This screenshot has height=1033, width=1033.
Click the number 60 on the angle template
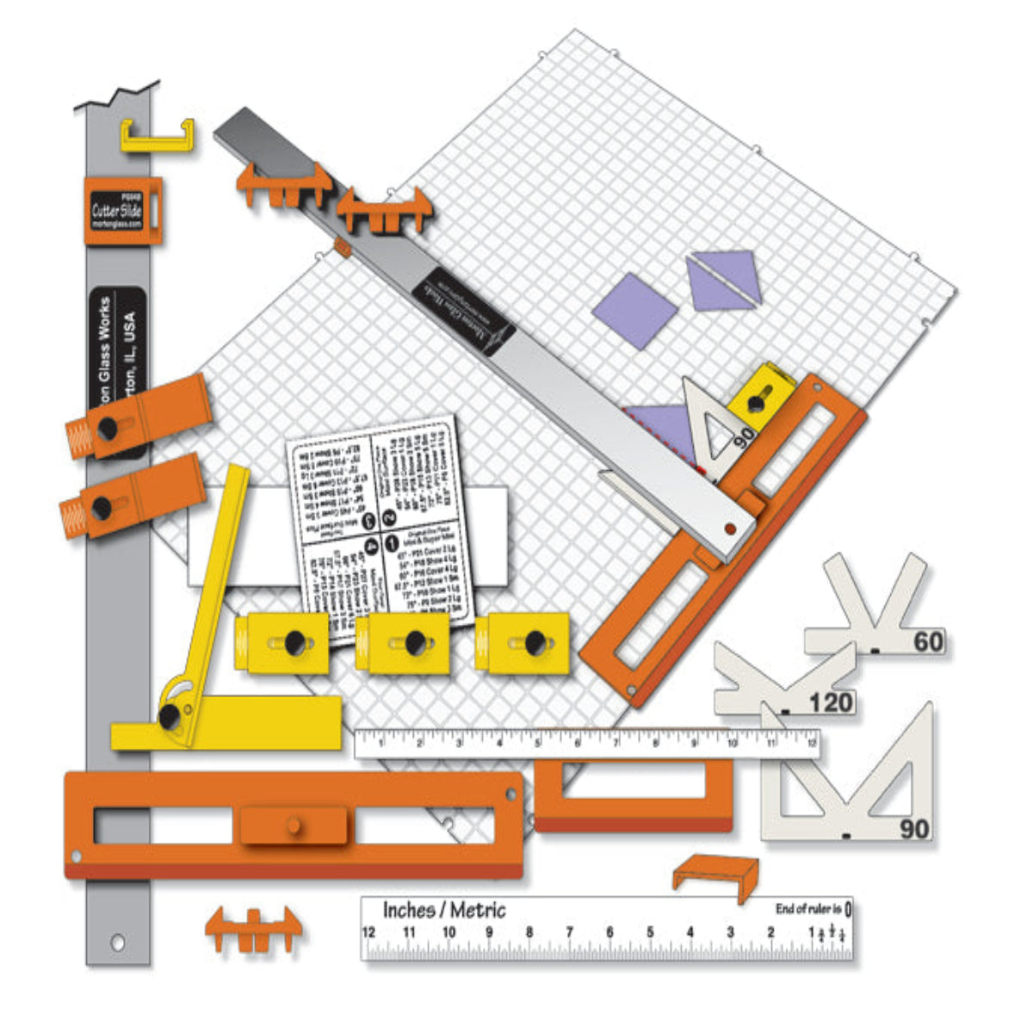[x=928, y=641]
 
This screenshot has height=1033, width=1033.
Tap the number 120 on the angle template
[x=830, y=703]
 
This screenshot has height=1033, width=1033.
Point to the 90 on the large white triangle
[x=914, y=829]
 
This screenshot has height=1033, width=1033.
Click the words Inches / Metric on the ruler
[x=444, y=910]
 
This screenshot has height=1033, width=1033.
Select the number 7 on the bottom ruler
[x=569, y=932]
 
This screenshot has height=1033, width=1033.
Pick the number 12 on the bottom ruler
[x=369, y=932]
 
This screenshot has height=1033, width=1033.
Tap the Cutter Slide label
[x=119, y=210]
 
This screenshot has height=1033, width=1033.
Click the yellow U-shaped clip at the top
[x=157, y=136]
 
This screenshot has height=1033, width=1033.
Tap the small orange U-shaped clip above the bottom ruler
[x=716, y=875]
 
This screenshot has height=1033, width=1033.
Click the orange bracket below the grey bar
[x=253, y=930]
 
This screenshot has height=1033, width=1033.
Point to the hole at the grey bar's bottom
[x=118, y=942]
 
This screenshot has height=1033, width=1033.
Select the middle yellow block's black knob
[x=415, y=642]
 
